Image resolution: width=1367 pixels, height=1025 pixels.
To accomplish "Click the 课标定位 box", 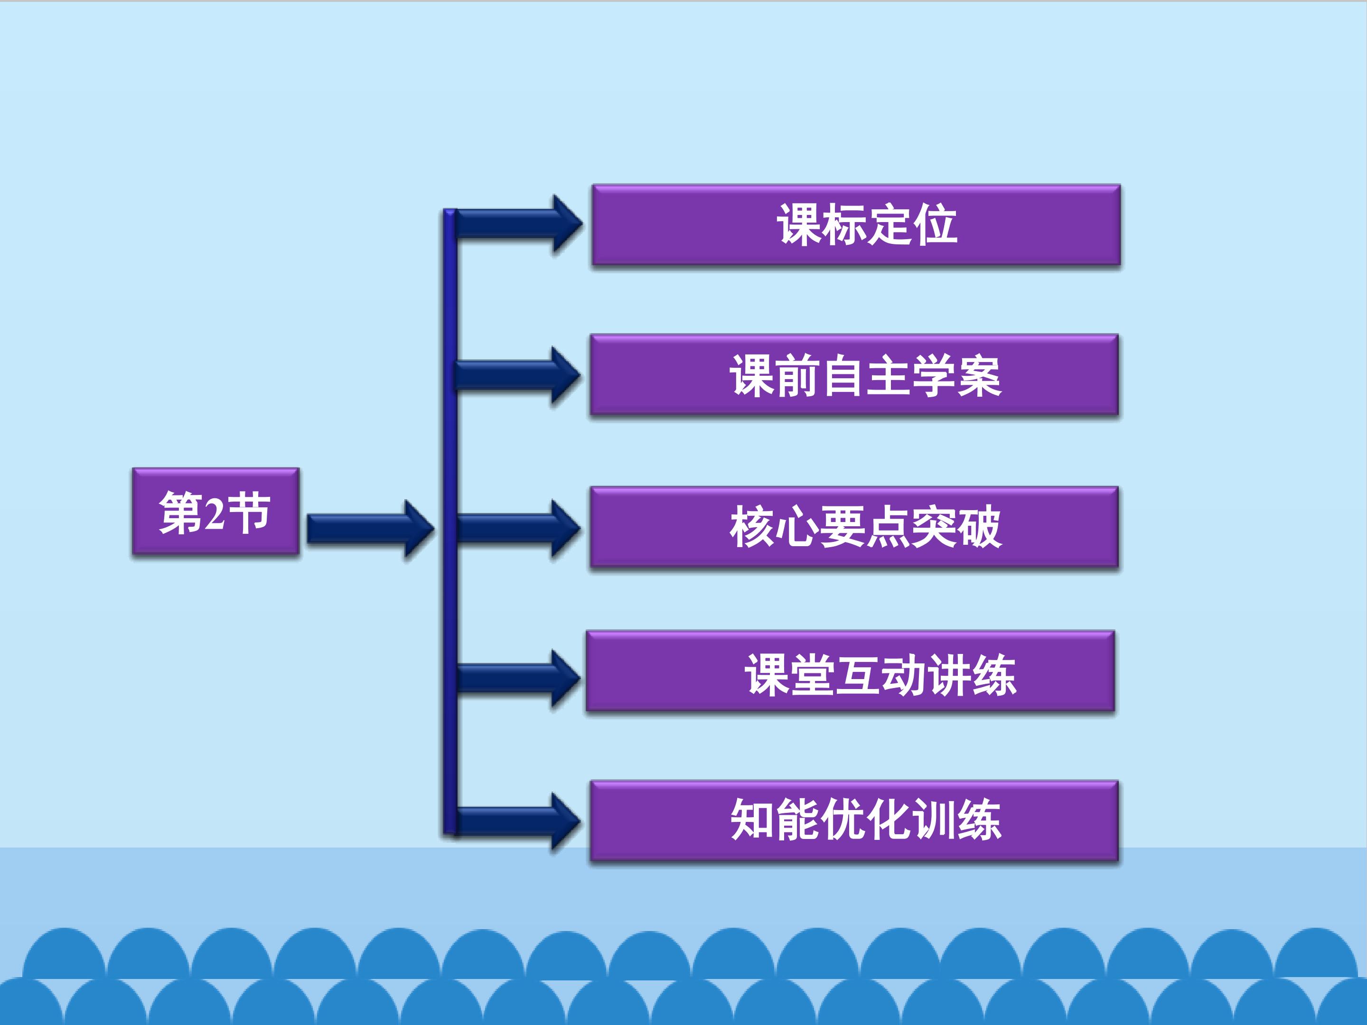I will [856, 225].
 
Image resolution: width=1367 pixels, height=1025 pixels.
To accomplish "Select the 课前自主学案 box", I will [854, 375].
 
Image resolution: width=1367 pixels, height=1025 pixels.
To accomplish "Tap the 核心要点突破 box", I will [854, 527].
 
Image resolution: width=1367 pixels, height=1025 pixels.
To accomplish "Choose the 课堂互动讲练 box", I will [851, 671].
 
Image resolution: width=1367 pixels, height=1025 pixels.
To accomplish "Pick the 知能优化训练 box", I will [854, 821].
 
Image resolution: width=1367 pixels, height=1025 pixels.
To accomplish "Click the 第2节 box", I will [215, 512].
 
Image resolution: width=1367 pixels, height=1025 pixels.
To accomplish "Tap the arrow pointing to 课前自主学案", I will [516, 375].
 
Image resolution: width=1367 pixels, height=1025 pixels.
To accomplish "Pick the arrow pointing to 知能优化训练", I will [516, 822].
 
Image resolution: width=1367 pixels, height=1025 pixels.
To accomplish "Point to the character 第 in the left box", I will [180, 513].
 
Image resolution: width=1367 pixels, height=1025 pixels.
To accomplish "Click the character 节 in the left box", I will [249, 513].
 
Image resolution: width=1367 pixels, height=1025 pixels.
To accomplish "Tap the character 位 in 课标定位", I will [936, 225].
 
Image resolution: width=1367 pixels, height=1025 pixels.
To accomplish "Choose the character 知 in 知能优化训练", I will [753, 820].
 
